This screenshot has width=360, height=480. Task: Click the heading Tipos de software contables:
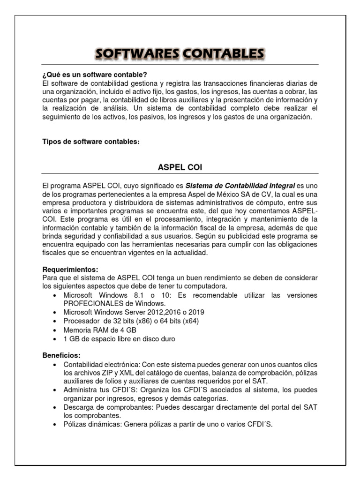(91, 142)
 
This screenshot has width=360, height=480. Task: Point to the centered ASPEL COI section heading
(180, 167)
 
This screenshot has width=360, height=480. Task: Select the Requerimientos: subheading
(70, 270)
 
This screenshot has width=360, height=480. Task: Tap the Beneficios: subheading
(61, 355)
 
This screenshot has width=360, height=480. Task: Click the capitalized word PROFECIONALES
(96, 303)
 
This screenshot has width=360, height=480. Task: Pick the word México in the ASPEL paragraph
(244, 194)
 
